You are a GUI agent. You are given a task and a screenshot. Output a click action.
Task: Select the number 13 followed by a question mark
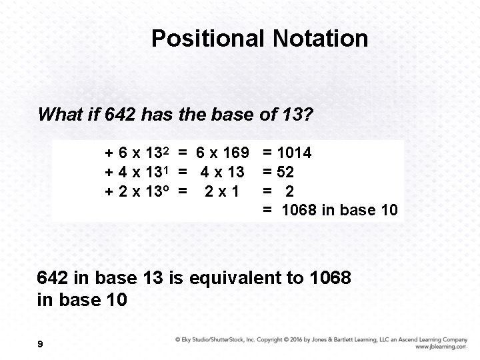tap(294, 115)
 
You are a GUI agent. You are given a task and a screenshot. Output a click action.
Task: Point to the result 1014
tap(293, 153)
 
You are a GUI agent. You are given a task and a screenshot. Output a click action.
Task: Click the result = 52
tap(279, 173)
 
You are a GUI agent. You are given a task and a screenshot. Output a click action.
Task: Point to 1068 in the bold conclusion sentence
tap(331, 276)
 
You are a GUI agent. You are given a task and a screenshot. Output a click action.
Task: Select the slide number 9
tap(41, 344)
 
